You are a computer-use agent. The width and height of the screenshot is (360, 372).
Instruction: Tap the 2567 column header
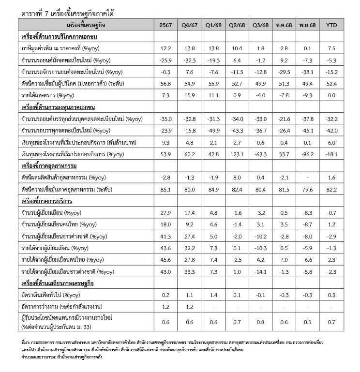[166, 24]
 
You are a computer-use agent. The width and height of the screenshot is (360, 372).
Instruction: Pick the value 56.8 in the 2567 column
[166, 83]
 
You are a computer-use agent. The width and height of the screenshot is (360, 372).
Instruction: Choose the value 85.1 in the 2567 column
[166, 190]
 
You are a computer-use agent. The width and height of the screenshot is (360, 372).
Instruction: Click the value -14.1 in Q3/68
[260, 272]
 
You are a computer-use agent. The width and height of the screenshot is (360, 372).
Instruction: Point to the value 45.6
[166, 260]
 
